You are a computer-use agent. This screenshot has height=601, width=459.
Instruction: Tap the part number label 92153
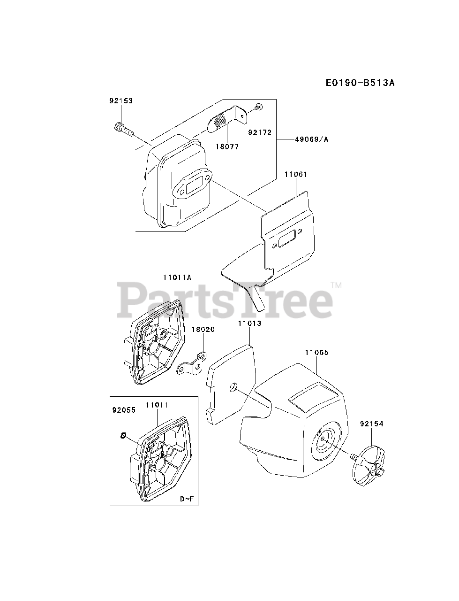(121, 101)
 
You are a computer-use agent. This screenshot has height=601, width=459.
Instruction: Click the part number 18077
(227, 146)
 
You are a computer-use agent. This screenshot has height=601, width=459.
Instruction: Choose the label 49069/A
(312, 139)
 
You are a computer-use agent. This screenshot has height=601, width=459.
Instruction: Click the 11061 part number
(296, 174)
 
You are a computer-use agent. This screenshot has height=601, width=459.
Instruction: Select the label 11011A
(177, 277)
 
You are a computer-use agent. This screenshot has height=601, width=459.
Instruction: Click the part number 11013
(249, 323)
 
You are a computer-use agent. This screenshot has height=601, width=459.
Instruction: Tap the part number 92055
(124, 410)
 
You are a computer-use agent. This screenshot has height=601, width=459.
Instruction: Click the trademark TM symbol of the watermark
(336, 285)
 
